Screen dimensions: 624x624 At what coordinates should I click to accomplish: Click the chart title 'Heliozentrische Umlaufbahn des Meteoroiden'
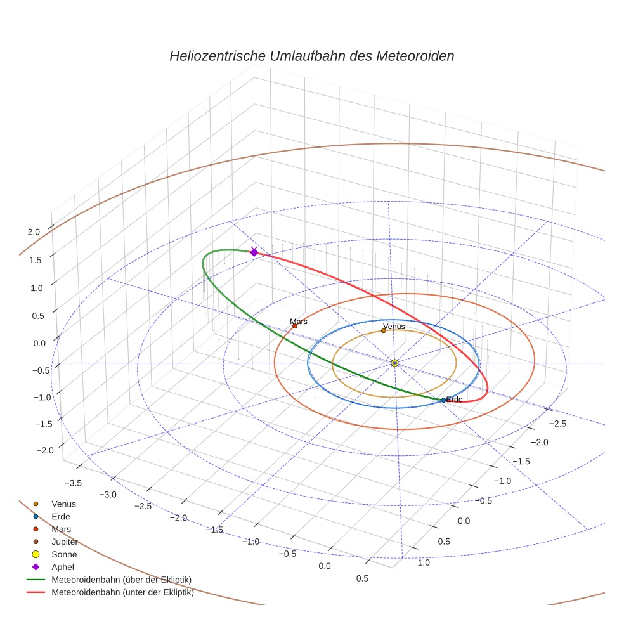pyautogui.click(x=311, y=56)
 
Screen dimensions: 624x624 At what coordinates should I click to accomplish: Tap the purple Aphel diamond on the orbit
pyautogui.click(x=254, y=252)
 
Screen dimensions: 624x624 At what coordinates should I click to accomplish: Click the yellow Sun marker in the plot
pyautogui.click(x=394, y=363)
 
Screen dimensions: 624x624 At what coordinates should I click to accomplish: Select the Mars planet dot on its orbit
pyautogui.click(x=294, y=326)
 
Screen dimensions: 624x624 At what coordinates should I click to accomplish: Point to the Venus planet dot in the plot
pyautogui.click(x=384, y=330)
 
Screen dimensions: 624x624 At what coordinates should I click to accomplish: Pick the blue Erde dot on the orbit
pyautogui.click(x=443, y=400)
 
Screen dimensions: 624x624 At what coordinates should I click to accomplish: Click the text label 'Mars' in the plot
pyautogui.click(x=299, y=322)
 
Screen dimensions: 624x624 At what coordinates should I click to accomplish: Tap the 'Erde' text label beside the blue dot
pyautogui.click(x=455, y=400)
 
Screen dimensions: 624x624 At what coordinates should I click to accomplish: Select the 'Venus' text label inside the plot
pyautogui.click(x=394, y=327)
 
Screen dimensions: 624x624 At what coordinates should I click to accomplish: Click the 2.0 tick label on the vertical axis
pyautogui.click(x=34, y=232)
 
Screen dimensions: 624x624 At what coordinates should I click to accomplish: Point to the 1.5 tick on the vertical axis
pyautogui.click(x=35, y=260)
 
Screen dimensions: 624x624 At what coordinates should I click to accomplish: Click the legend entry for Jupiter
pyautogui.click(x=65, y=542)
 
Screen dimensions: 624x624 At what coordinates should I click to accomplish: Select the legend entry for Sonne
pyautogui.click(x=64, y=555)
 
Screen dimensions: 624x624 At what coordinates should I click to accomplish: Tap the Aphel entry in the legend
pyautogui.click(x=63, y=567)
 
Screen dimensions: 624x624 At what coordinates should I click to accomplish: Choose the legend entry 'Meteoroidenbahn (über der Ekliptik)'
pyautogui.click(x=121, y=580)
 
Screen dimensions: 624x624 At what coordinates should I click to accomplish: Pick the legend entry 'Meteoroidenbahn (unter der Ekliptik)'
pyautogui.click(x=122, y=593)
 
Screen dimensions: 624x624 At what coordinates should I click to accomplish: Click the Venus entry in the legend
pyautogui.click(x=63, y=504)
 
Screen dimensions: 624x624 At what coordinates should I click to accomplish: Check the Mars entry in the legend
pyautogui.click(x=61, y=529)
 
